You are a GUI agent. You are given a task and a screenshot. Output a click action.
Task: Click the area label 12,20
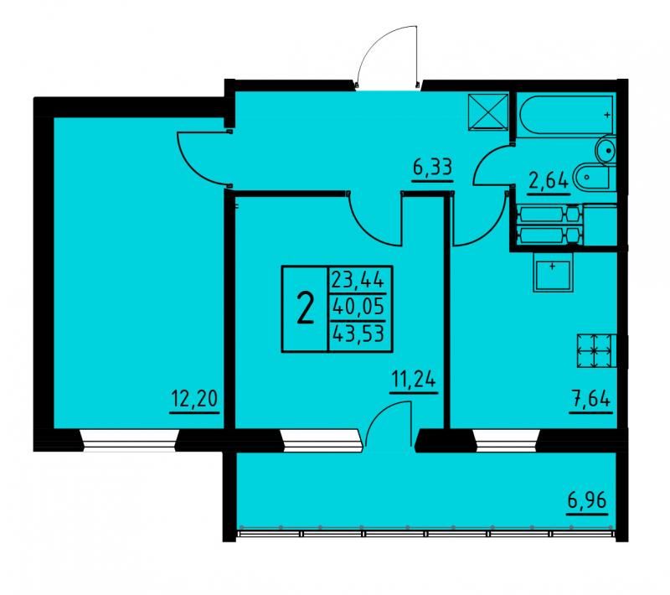pyautogui.click(x=194, y=399)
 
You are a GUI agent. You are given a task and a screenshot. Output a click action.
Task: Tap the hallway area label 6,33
pyautogui.click(x=432, y=167)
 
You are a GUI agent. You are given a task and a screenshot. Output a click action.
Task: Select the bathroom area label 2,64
pyautogui.click(x=549, y=181)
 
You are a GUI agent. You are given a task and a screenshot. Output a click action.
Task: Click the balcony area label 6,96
pyautogui.click(x=587, y=500)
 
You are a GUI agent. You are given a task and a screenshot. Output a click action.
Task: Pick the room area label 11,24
pyautogui.click(x=415, y=379)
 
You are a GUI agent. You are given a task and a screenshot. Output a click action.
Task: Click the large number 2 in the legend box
pyautogui.click(x=305, y=309)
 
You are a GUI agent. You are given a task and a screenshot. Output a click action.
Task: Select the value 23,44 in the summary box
pyautogui.click(x=358, y=281)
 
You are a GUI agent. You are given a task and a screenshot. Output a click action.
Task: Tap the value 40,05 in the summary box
pyautogui.click(x=358, y=307)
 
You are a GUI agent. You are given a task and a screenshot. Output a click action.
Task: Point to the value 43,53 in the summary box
pyautogui.click(x=358, y=333)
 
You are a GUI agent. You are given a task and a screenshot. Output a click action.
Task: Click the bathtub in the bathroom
pyautogui.click(x=566, y=115)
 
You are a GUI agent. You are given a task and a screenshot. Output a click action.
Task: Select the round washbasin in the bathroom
pyautogui.click(x=606, y=149)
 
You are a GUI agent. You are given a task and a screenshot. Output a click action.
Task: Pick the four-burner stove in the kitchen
pyautogui.click(x=595, y=350)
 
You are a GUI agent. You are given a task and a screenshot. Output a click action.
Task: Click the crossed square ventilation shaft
pyautogui.click(x=488, y=111)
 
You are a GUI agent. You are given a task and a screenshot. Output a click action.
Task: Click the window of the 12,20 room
pyautogui.click(x=130, y=440)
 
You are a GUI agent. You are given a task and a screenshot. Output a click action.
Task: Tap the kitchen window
pyautogui.click(x=507, y=440)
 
